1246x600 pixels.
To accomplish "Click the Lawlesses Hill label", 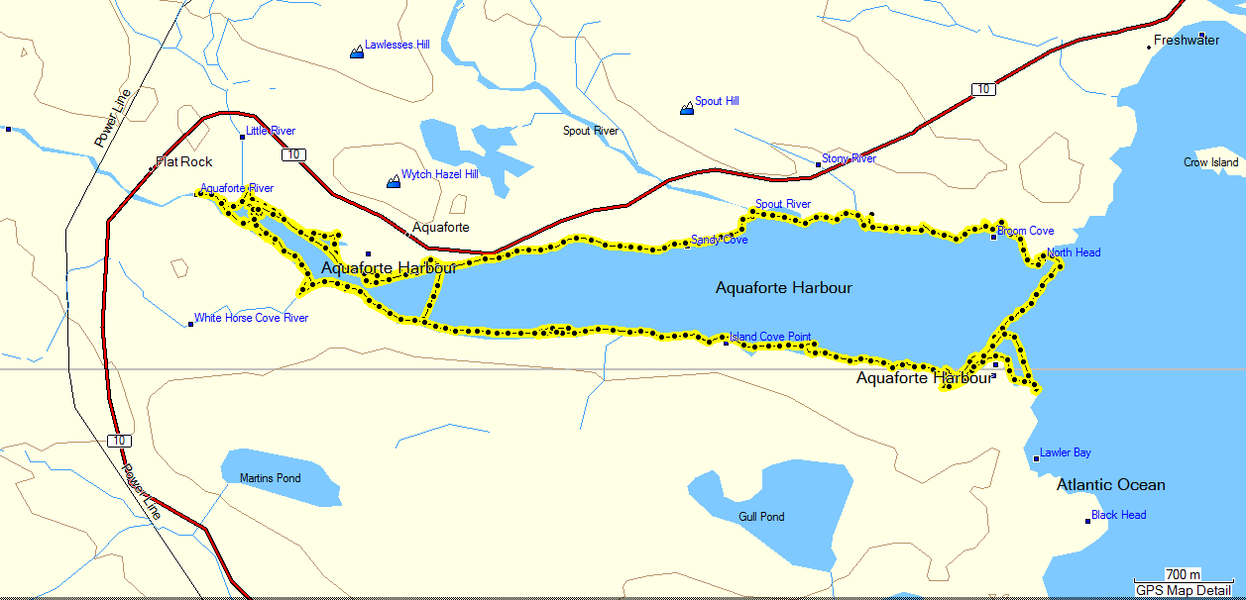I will pos(396,45).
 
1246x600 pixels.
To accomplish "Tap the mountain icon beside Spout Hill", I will pos(686,108).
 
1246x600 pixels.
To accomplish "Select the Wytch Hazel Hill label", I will pos(439,174).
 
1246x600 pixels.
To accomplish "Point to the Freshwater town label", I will pos(1187,41).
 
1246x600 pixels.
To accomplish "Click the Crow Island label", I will pos(1210,162).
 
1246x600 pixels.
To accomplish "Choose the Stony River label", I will pos(849,158).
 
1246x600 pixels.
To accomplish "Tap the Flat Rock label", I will pos(189,161).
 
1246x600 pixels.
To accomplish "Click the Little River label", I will pos(271,131).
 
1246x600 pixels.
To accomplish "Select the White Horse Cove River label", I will pos(251,318).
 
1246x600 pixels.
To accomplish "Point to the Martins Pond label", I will pos(270,478).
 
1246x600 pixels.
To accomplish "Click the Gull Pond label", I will pos(761,517).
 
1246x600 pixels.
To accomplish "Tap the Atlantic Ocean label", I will pos(1110,485).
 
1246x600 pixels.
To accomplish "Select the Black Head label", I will pos(1118,515).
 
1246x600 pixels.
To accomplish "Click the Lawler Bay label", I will pos(1066,452).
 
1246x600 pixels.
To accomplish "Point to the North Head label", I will pos(1074,252).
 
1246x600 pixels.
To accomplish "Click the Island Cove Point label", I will pos(770,337).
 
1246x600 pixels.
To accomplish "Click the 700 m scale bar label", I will pos(1183,575).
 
